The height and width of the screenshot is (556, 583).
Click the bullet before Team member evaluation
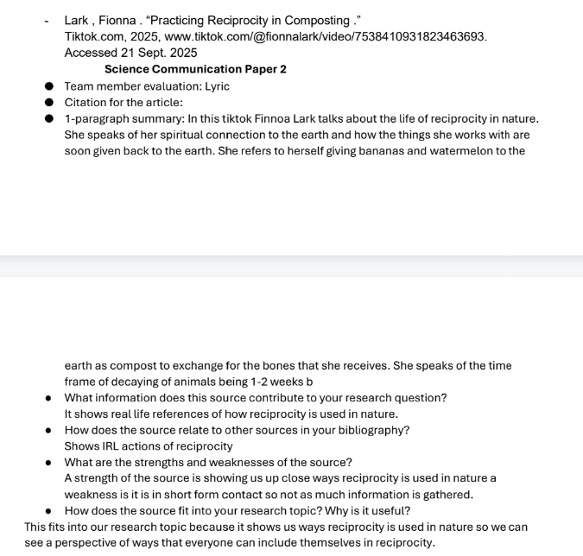(x=49, y=86)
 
